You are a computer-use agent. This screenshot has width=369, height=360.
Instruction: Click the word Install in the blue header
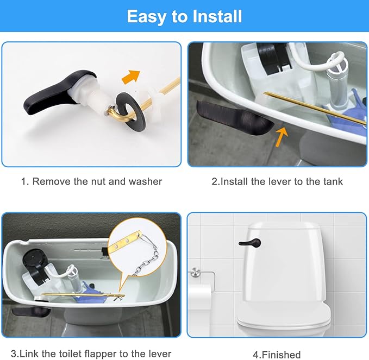pos(217,16)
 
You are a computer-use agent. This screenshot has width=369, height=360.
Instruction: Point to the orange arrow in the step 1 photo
pos(131,77)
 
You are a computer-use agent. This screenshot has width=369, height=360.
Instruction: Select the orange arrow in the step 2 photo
pos(282,136)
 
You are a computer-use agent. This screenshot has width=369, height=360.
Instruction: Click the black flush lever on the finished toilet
pos(249,243)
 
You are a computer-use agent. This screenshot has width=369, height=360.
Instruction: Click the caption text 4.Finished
pos(277,355)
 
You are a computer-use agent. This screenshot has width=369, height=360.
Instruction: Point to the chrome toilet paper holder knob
pos(195,272)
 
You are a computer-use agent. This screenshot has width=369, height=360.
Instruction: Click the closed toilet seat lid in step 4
pos(284,314)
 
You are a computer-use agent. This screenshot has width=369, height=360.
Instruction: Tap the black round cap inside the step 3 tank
pos(35,258)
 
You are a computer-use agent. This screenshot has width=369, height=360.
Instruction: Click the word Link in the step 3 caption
pos(30,353)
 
